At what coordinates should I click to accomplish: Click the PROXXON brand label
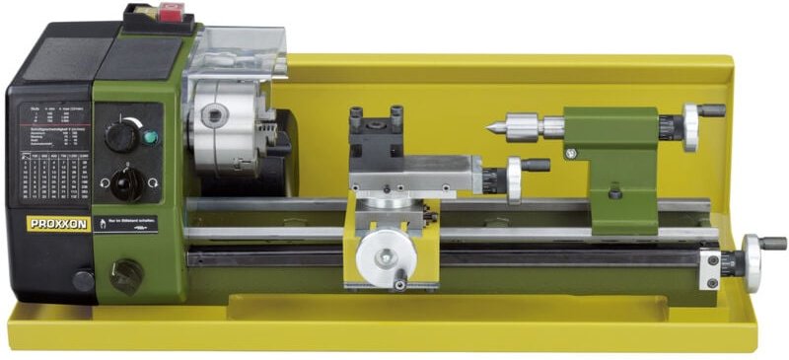pyautogui.click(x=58, y=224)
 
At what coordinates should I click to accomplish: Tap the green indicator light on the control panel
pyautogui.click(x=150, y=137)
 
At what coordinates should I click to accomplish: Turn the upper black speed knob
pyautogui.click(x=122, y=135)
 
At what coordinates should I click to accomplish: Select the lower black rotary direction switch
pyautogui.click(x=126, y=182)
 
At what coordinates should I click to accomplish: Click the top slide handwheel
pyautogui.click(x=514, y=180)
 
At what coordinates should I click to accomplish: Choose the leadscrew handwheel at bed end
pyautogui.click(x=753, y=261)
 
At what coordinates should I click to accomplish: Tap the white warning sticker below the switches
pyautogui.click(x=124, y=225)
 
